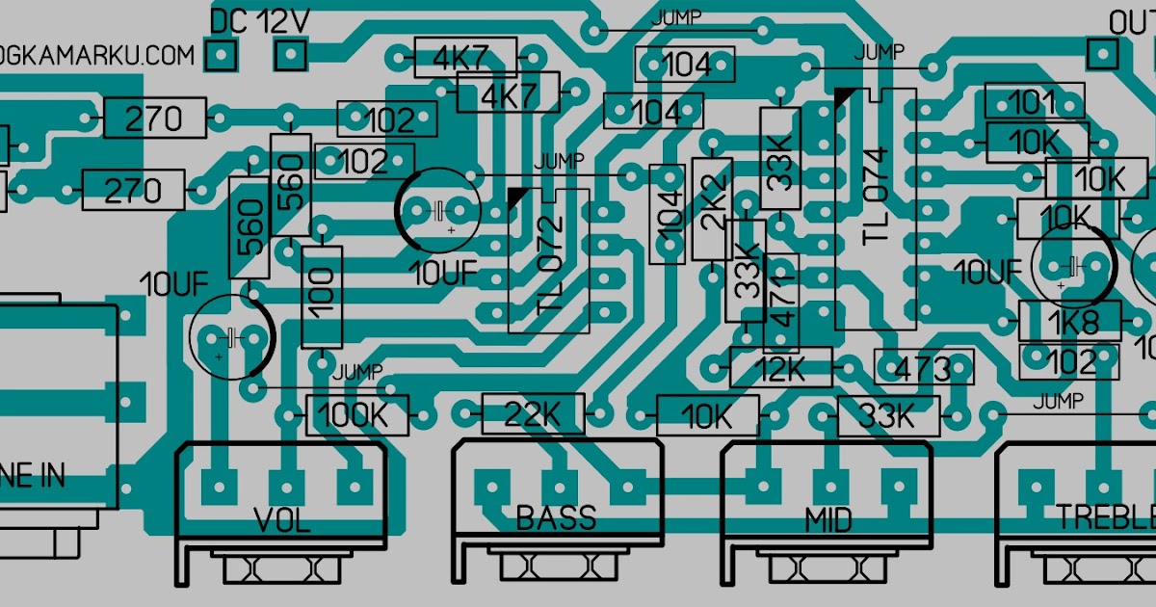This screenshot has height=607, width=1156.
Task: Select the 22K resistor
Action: (x=534, y=414)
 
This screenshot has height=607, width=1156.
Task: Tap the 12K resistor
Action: (x=780, y=367)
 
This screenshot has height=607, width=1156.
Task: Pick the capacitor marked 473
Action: (x=923, y=367)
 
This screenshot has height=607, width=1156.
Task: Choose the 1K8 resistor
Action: (x=1070, y=320)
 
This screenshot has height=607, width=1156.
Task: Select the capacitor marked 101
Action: (x=1033, y=102)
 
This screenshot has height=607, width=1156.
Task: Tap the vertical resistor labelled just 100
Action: (x=322, y=296)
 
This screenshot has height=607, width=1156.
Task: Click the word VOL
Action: (x=281, y=520)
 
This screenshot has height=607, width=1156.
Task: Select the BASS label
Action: (x=556, y=518)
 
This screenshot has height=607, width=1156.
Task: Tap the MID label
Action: (x=828, y=520)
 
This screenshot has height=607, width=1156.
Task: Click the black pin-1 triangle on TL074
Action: (x=844, y=96)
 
